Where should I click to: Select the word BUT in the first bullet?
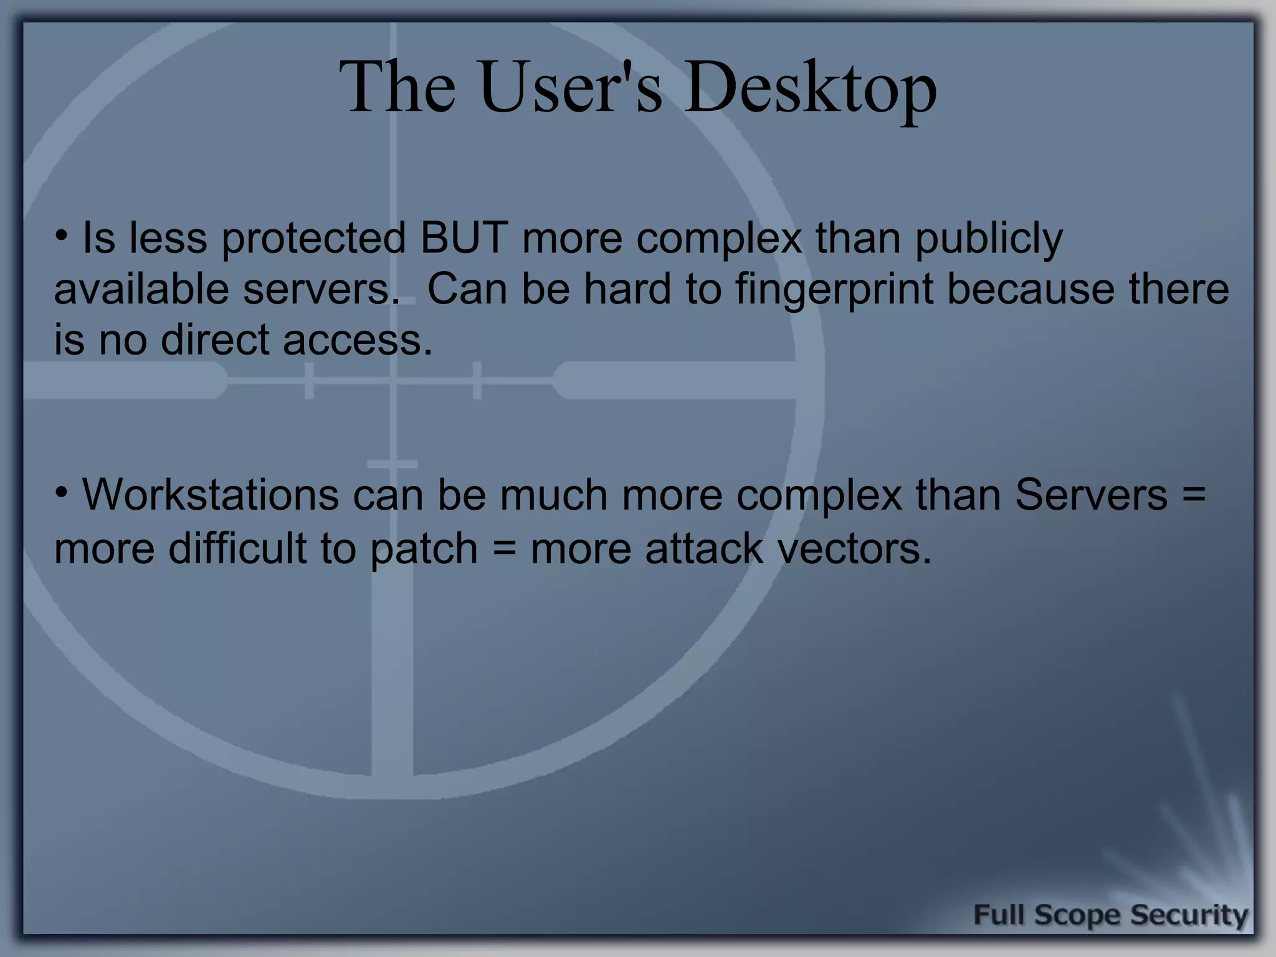coord(464,238)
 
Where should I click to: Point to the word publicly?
coord(989,239)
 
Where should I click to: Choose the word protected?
coord(313,238)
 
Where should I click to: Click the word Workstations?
coord(211,495)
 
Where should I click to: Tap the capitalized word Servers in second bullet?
coord(1091,495)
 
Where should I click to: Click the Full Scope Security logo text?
coord(1110,915)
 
